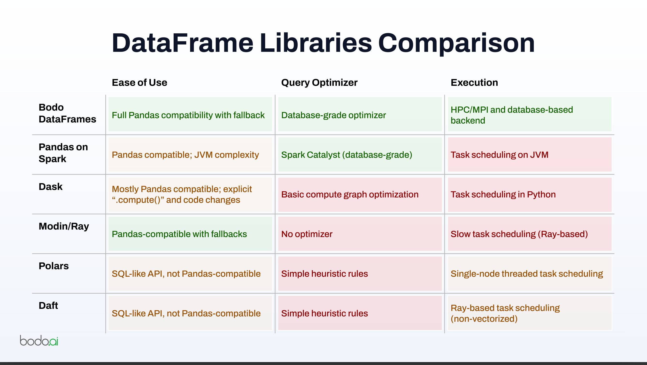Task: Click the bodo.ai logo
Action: click(x=39, y=340)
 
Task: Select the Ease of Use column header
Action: click(x=139, y=82)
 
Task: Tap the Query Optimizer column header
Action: click(x=319, y=82)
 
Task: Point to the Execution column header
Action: click(x=474, y=82)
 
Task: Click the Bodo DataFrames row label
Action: click(x=67, y=113)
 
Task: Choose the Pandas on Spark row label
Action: click(x=63, y=153)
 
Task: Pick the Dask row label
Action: click(x=50, y=187)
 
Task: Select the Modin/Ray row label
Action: click(x=64, y=226)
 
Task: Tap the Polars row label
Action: click(x=54, y=266)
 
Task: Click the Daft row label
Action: click(x=48, y=305)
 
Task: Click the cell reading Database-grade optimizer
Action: click(x=360, y=114)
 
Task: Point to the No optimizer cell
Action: click(x=360, y=234)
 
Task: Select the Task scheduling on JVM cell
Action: click(x=530, y=155)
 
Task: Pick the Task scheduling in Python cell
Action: click(x=530, y=195)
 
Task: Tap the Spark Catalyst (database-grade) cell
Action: click(x=360, y=155)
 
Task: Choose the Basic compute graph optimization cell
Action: click(x=360, y=195)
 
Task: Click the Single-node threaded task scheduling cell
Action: click(x=530, y=273)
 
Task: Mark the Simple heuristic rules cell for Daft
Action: click(x=360, y=313)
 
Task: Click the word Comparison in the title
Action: click(x=456, y=43)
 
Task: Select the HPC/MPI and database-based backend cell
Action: click(x=530, y=114)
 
